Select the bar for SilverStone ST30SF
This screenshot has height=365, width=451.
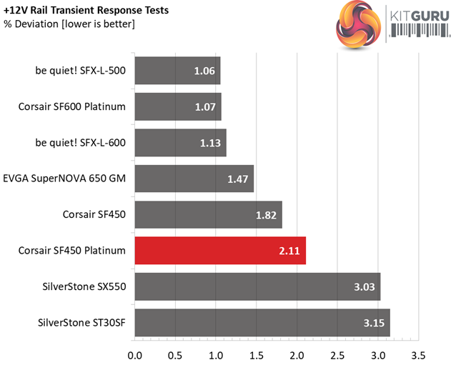coord(262,322)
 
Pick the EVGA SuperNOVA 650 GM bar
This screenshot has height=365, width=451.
coord(194,179)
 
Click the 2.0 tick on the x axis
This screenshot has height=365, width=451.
coord(297,354)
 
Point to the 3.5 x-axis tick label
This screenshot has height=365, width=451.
coord(418,354)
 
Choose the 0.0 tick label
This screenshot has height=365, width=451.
coord(134,354)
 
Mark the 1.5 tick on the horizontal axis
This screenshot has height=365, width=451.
coord(256,354)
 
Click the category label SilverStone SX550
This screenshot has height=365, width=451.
coord(84,286)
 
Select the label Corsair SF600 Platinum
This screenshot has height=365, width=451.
coord(72,107)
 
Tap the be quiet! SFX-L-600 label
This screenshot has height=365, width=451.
coord(79,143)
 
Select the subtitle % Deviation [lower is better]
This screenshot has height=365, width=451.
coord(69,24)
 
